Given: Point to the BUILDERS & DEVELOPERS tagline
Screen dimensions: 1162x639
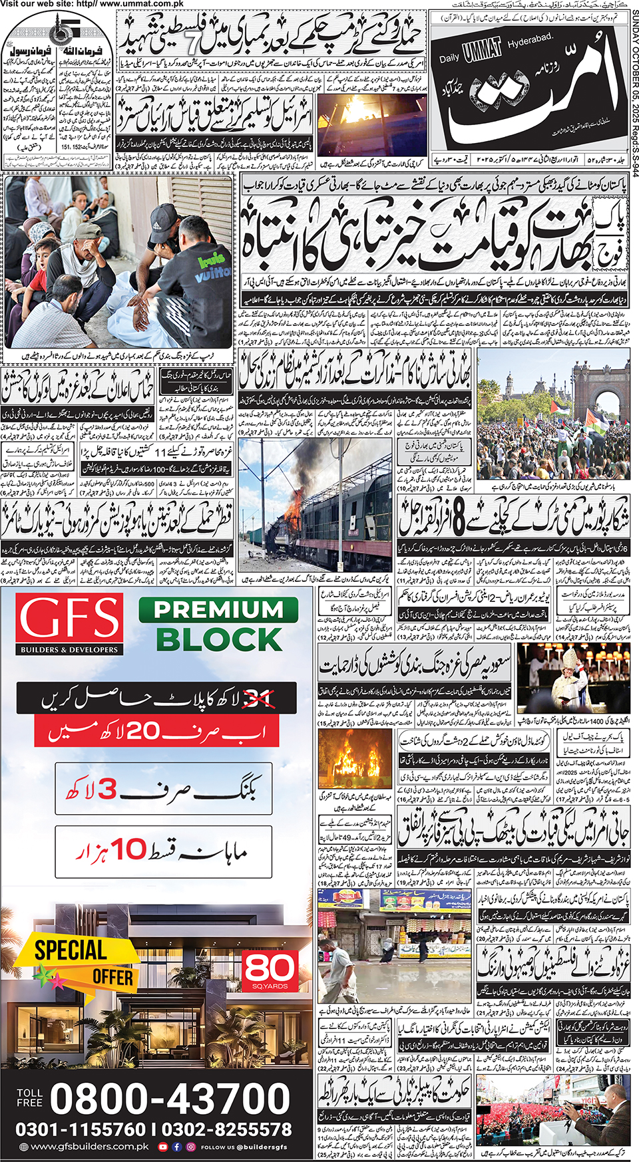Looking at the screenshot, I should [x=69, y=649].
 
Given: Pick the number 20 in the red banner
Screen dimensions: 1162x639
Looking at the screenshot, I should [x=143, y=732].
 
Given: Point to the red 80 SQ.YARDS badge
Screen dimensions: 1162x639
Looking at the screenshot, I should [x=270, y=970].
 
